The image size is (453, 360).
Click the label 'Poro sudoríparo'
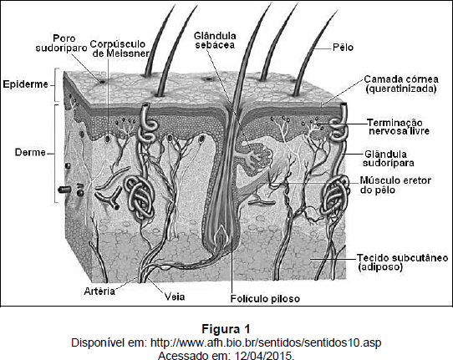point(61,43)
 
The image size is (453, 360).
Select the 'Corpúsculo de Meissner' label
point(120,48)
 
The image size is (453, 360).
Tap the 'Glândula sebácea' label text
point(215,40)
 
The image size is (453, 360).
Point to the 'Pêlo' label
point(343,47)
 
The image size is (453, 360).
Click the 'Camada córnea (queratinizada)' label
point(401,84)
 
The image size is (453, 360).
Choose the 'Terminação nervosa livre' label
point(399,127)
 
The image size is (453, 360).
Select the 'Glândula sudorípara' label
point(388,159)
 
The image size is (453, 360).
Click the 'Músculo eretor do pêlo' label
point(395,185)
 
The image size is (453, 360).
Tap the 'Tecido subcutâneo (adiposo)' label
point(403,262)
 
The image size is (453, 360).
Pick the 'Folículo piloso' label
point(265,298)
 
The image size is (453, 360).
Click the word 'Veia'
point(175,297)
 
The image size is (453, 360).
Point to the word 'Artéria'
point(99,291)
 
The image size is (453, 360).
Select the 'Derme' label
point(30,152)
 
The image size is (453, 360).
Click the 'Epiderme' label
point(25,84)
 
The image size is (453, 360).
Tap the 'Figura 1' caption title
point(226,329)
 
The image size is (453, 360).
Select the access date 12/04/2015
point(265,355)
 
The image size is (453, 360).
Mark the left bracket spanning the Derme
point(57,153)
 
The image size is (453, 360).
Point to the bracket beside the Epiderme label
point(57,85)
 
